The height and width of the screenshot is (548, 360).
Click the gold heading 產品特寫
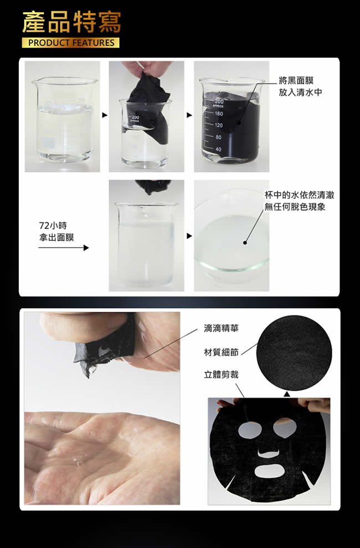tap(71, 22)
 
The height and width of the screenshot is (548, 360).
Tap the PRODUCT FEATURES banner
tap(70, 43)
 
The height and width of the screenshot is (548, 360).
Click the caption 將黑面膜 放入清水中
tap(300, 86)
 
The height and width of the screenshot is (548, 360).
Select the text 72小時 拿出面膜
tap(56, 232)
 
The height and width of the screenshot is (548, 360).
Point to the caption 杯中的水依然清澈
tap(299, 195)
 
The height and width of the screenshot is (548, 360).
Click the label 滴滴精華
tap(222, 328)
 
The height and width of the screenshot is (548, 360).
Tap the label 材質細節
tap(222, 352)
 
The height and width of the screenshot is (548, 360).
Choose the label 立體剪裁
tap(222, 375)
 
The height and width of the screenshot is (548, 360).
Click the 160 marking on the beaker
tap(219, 114)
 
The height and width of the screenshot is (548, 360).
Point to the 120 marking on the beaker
tap(219, 125)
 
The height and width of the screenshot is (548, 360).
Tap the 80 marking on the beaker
tap(219, 137)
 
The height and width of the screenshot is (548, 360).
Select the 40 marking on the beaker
tap(219, 149)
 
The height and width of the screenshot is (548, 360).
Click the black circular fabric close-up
tap(294, 352)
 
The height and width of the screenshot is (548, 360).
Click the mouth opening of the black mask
tap(269, 471)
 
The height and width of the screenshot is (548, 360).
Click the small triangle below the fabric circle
tap(287, 394)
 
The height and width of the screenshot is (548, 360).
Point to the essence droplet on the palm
tap(80, 462)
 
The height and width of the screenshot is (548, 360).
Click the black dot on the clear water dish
tap(245, 243)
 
